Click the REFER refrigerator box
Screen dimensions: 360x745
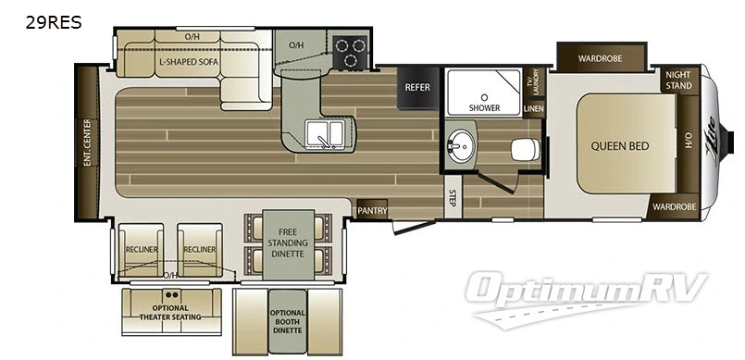coord(416,87)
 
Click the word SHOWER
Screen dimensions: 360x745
coord(483,108)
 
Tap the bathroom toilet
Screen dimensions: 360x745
coord(525,149)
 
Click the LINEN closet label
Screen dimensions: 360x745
coord(533,109)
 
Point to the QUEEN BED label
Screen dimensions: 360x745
coord(621,145)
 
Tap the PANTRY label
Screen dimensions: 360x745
coord(372,210)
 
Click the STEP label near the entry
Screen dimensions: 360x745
coord(452,197)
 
